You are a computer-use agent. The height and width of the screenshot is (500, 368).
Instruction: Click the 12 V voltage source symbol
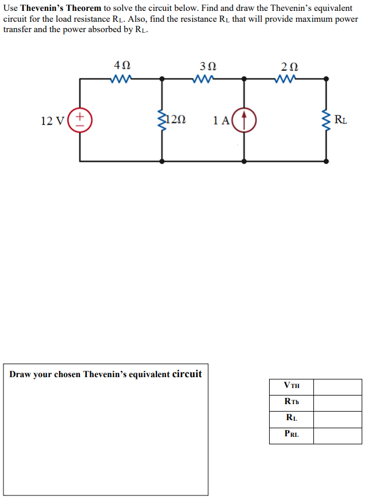tap(80, 120)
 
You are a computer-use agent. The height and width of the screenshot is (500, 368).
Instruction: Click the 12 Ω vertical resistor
tap(162, 120)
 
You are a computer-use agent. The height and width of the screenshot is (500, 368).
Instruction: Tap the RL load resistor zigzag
tap(327, 120)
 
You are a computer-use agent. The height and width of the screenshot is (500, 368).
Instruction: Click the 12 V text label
tap(53, 121)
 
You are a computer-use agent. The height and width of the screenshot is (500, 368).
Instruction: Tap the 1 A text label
tap(221, 121)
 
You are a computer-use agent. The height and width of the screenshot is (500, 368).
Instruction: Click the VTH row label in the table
tap(292, 386)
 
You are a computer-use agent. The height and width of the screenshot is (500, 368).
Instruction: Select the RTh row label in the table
tap(292, 402)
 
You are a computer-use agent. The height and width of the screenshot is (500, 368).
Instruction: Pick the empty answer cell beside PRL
tap(338, 435)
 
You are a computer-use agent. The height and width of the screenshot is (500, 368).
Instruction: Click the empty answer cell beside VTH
tap(338, 386)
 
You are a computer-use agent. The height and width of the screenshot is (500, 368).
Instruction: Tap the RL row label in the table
tap(292, 418)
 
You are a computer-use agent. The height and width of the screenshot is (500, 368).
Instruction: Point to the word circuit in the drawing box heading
tap(187, 374)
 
